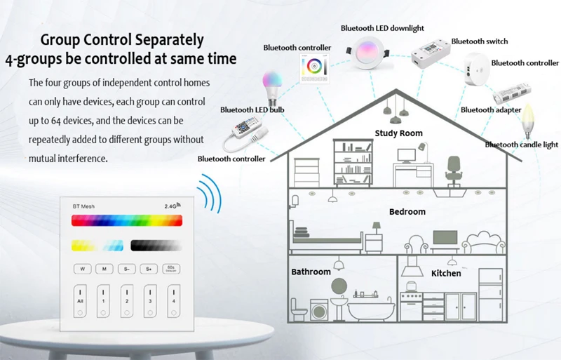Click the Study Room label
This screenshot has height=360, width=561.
point(398,133)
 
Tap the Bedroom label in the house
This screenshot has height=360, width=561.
point(407,211)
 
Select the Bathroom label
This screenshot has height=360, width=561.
point(311,272)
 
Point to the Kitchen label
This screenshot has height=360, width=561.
point(446,273)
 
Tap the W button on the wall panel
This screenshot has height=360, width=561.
point(82,268)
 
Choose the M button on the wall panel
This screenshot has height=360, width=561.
point(104,268)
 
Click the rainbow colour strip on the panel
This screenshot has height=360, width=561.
point(126,221)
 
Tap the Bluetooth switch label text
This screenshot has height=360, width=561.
point(480,41)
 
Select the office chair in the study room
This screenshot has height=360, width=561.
point(453,170)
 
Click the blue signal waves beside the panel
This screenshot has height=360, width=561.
point(208,189)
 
